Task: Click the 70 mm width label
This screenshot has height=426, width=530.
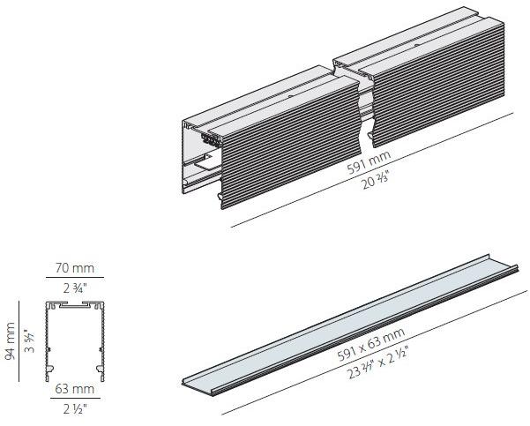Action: [x=75, y=268]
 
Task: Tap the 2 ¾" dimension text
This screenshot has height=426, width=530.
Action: [x=75, y=288]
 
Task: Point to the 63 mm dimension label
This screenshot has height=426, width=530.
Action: [x=75, y=389]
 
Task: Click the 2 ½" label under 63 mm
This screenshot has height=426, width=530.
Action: [x=75, y=409]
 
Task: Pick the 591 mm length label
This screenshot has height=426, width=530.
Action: [x=369, y=162]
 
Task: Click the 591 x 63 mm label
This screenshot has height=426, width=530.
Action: [x=371, y=344]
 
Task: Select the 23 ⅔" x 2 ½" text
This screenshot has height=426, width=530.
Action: [x=377, y=362]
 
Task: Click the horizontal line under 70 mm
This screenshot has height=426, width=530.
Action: [x=75, y=278]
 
